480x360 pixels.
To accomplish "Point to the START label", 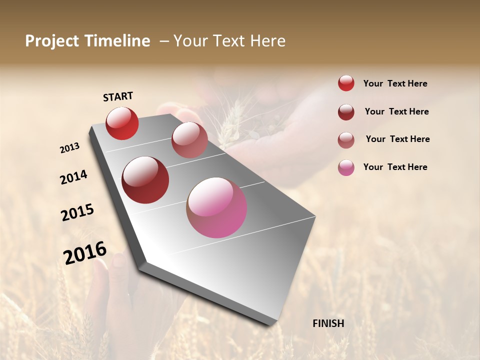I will click(x=118, y=96).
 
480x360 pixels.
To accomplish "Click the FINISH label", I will click(x=328, y=323).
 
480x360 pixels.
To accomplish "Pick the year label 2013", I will click(x=70, y=148).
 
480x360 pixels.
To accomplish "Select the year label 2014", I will click(x=73, y=177).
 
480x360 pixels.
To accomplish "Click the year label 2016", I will click(x=85, y=253).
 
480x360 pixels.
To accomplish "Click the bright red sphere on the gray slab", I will click(x=122, y=123).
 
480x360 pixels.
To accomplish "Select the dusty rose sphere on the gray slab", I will click(x=189, y=140).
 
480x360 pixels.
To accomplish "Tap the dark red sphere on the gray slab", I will click(x=145, y=180).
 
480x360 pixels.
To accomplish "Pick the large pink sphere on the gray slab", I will click(x=216, y=207).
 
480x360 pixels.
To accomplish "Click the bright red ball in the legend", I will click(x=346, y=83).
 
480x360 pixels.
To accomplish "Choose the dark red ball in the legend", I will click(x=346, y=112).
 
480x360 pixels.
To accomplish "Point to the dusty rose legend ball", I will click(x=346, y=140).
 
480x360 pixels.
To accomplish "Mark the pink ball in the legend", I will click(x=346, y=167).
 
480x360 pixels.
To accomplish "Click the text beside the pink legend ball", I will click(x=395, y=167).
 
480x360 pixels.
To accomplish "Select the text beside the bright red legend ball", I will click(x=395, y=83).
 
